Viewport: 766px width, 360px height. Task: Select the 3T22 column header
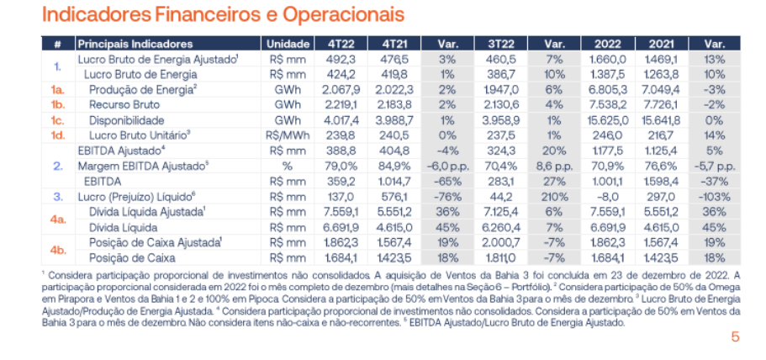click(x=499, y=44)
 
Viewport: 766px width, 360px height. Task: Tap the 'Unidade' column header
click(x=287, y=44)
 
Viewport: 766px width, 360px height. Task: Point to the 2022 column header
click(x=608, y=44)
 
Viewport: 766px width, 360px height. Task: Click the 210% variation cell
click(x=552, y=195)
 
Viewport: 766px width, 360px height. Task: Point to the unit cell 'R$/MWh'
click(x=287, y=135)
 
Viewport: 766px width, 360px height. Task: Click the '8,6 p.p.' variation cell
click(x=552, y=165)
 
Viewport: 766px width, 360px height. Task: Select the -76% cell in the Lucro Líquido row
click(x=446, y=195)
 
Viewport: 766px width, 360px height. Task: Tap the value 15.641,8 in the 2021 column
click(x=660, y=119)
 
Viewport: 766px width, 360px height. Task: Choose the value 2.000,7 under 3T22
click(x=499, y=241)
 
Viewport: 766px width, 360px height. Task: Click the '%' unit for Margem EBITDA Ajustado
click(x=287, y=165)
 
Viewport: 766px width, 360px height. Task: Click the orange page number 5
click(x=734, y=336)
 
